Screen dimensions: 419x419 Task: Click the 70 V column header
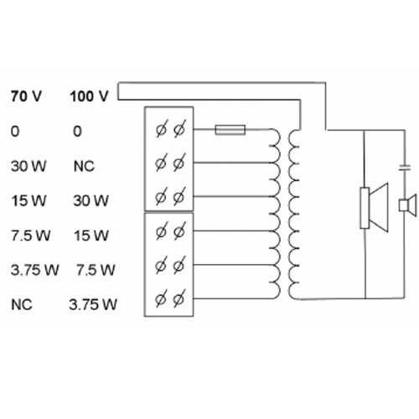click(24, 96)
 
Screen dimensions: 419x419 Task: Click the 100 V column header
click(89, 96)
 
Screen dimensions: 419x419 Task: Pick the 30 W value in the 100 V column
click(91, 200)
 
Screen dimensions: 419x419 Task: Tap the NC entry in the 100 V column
click(84, 165)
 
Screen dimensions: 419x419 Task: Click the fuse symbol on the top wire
click(230, 130)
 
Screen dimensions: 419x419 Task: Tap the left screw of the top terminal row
click(161, 129)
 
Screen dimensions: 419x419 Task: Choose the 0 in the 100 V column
click(77, 131)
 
